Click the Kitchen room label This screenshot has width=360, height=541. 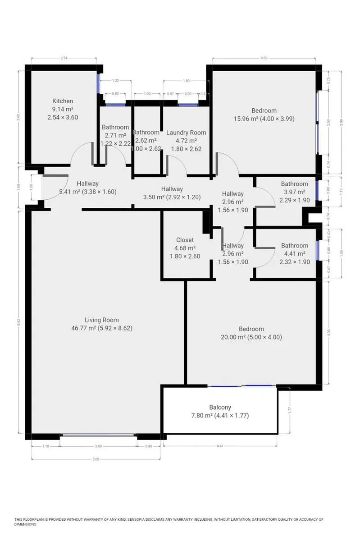pyautogui.click(x=63, y=101)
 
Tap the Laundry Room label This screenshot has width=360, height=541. pyautogui.click(x=186, y=133)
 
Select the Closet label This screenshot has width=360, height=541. pyautogui.click(x=185, y=240)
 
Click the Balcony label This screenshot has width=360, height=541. pyautogui.click(x=220, y=407)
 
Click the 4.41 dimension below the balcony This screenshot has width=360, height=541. pyautogui.click(x=220, y=446)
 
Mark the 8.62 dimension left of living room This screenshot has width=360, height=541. pyautogui.click(x=18, y=323)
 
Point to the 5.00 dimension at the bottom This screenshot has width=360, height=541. pyautogui.click(x=96, y=459)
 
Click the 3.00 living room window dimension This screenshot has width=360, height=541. pyautogui.click(x=98, y=446)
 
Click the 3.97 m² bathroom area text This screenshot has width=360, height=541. pyautogui.click(x=294, y=192)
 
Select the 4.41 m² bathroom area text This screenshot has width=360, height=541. pyautogui.click(x=294, y=254)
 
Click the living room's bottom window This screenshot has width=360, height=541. pyautogui.click(x=98, y=435)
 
